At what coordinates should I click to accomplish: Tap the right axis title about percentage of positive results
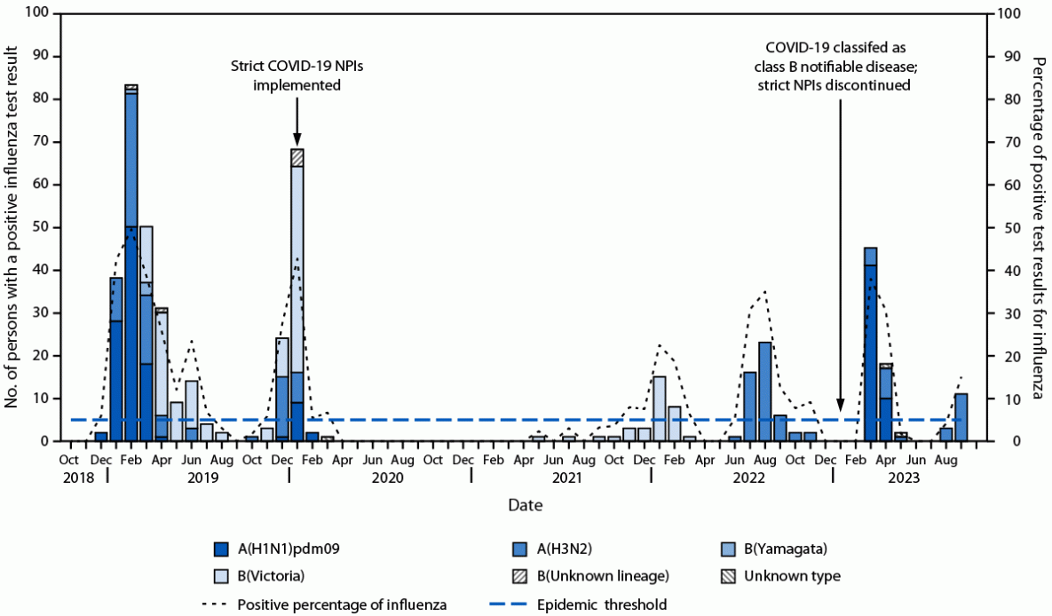click(x=1038, y=227)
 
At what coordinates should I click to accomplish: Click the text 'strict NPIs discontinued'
click(x=833, y=85)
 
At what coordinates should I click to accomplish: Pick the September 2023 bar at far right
click(x=961, y=417)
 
